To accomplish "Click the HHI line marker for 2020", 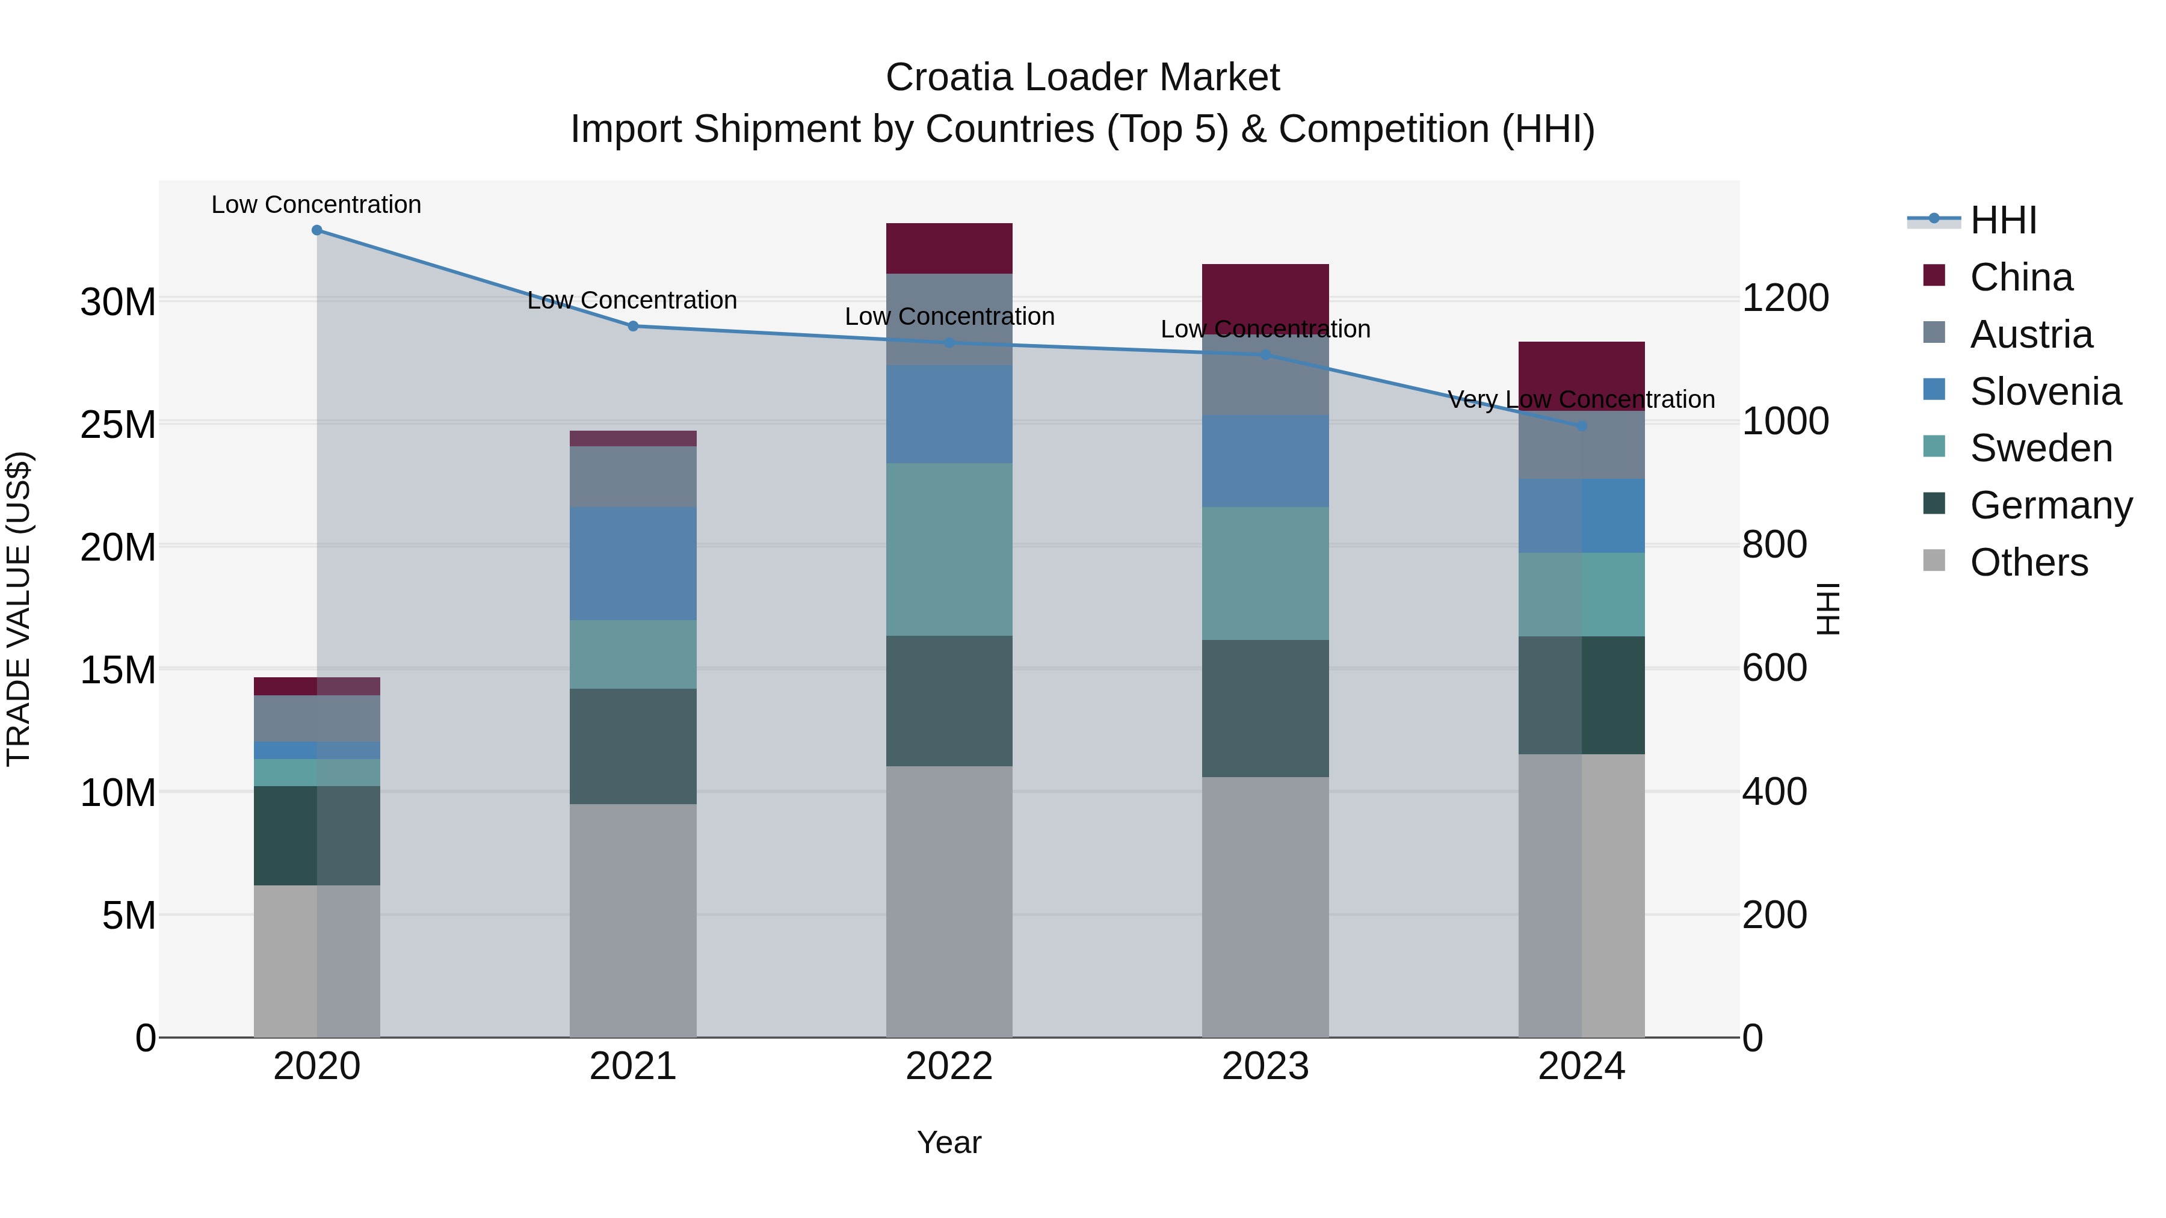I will pos(317,230).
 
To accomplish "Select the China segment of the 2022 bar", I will pos(949,248).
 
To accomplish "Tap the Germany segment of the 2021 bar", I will pos(633,746).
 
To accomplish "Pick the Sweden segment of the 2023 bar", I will pos(1265,573).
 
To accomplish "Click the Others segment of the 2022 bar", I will pos(949,901).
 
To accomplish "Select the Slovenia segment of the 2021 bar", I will pos(633,563).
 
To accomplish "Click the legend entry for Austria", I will pos(2030,334).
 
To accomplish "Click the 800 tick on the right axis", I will pos(1774,545).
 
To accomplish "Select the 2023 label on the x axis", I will pos(1265,1066).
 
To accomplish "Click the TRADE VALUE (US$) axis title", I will pos(19,609).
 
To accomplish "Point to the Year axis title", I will pos(949,1142).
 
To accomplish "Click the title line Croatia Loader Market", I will pos(1082,78).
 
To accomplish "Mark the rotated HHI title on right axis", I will pos(1828,609).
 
